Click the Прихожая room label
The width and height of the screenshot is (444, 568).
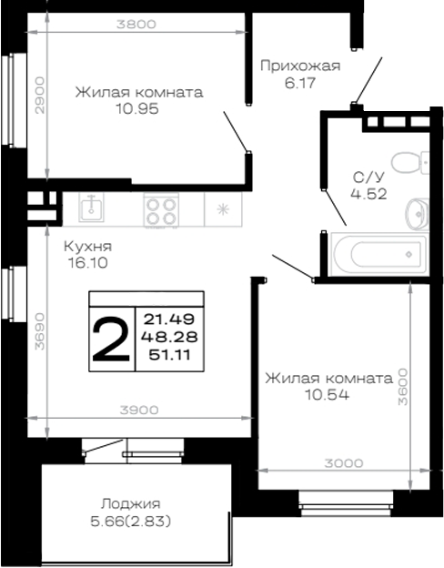pos(300,66)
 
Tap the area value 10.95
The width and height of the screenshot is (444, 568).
pos(137,108)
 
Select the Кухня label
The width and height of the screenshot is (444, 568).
pos(88,247)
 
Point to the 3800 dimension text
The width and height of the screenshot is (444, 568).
pos(136,25)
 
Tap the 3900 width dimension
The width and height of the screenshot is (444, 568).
pos(139,410)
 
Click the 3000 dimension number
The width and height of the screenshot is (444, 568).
pos(343,463)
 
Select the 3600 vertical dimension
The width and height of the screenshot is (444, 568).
pos(403,387)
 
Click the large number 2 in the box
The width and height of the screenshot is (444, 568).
pos(111,339)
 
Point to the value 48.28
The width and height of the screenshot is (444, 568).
pos(169,337)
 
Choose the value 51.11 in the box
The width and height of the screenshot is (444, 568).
pos(169,355)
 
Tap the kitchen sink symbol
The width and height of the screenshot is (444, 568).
pos(92,208)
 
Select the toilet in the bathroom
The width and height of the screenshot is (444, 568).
pos(410,163)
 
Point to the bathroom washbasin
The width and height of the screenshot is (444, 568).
pos(418,214)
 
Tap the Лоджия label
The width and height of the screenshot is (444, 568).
pos(130,504)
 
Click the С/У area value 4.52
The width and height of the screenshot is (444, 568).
pos(368,194)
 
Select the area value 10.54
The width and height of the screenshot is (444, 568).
pos(328,394)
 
